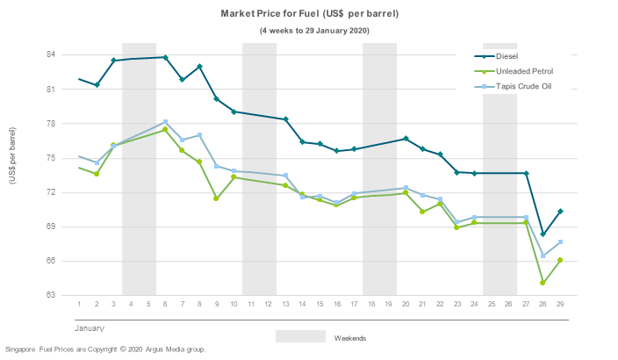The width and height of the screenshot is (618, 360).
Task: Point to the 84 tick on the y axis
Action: point(51,54)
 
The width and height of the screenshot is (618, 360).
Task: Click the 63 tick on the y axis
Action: point(51,295)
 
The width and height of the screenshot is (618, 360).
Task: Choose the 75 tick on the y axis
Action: point(51,158)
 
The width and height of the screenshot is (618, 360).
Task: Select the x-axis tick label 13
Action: point(285,304)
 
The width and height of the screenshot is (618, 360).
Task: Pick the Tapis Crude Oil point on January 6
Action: point(165,122)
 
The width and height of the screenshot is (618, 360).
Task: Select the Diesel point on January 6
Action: point(165,58)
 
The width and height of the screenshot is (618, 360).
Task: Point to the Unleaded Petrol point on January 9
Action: point(216,198)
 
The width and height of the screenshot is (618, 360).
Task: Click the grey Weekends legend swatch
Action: point(300,337)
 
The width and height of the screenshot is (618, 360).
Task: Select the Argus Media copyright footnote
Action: point(105,349)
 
